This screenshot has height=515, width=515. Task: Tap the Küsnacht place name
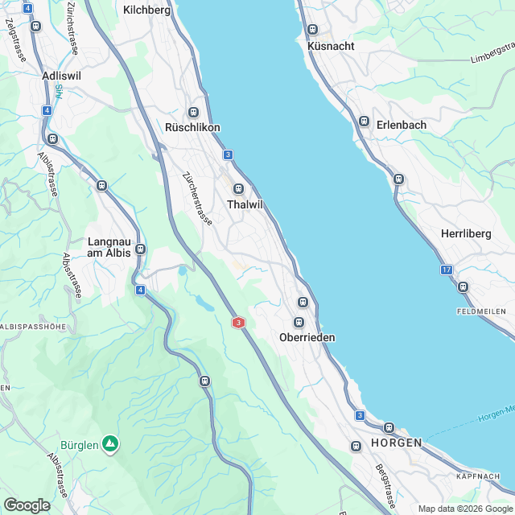(331, 46)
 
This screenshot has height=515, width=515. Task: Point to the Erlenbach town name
(401, 125)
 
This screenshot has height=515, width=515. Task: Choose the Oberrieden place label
(307, 337)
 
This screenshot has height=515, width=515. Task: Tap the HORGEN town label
(397, 444)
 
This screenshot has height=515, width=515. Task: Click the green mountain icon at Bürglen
(111, 443)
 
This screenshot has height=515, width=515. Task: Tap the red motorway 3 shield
(238, 323)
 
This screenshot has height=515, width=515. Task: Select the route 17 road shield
(447, 270)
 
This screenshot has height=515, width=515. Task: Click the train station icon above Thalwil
(238, 189)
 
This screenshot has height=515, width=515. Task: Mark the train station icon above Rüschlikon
(192, 112)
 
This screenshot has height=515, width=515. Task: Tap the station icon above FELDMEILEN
(463, 286)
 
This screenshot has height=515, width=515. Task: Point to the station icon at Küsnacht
(312, 30)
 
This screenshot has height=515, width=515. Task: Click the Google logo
(27, 505)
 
